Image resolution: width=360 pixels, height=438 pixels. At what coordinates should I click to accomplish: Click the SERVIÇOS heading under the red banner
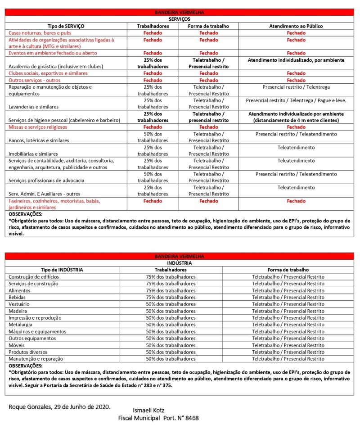click(179, 19)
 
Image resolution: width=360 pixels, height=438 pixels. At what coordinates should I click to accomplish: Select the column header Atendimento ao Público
click(296, 26)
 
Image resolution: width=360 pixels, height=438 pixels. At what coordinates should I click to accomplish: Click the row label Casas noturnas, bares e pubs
click(40, 33)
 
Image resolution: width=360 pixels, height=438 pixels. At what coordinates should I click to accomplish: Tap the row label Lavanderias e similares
click(34, 107)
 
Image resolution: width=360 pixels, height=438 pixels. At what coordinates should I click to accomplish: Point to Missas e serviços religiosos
click(38, 127)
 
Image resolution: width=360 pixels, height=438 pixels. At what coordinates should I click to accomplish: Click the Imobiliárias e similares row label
click(33, 154)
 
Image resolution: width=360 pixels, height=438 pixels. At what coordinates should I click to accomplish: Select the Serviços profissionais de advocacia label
click(46, 181)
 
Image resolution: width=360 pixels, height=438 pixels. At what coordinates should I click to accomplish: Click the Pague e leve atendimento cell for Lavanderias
click(296, 100)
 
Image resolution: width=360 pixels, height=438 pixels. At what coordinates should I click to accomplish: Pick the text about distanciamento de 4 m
click(296, 120)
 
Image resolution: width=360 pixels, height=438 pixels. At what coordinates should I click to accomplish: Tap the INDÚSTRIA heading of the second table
click(179, 263)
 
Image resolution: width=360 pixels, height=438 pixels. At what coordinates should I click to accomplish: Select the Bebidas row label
click(17, 297)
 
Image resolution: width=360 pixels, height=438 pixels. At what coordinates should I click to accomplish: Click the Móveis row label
click(17, 345)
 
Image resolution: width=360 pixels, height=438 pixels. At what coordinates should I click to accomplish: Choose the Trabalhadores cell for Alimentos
click(171, 290)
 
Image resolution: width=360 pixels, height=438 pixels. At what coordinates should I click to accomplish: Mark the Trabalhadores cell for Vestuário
click(171, 304)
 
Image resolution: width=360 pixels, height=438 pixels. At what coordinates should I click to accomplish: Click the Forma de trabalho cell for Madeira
click(288, 311)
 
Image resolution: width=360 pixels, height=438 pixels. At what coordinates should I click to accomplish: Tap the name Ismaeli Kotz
click(149, 411)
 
